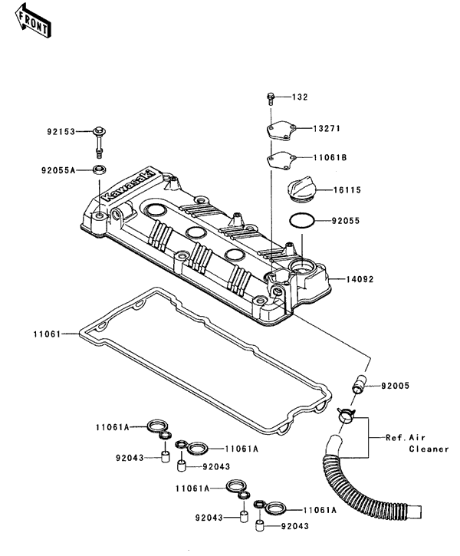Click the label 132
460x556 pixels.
pos(300,97)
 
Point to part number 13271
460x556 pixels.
pos(326,128)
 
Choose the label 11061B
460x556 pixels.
pos(328,157)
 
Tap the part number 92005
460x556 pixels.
pos(396,387)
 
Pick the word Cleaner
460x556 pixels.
pos(427,449)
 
